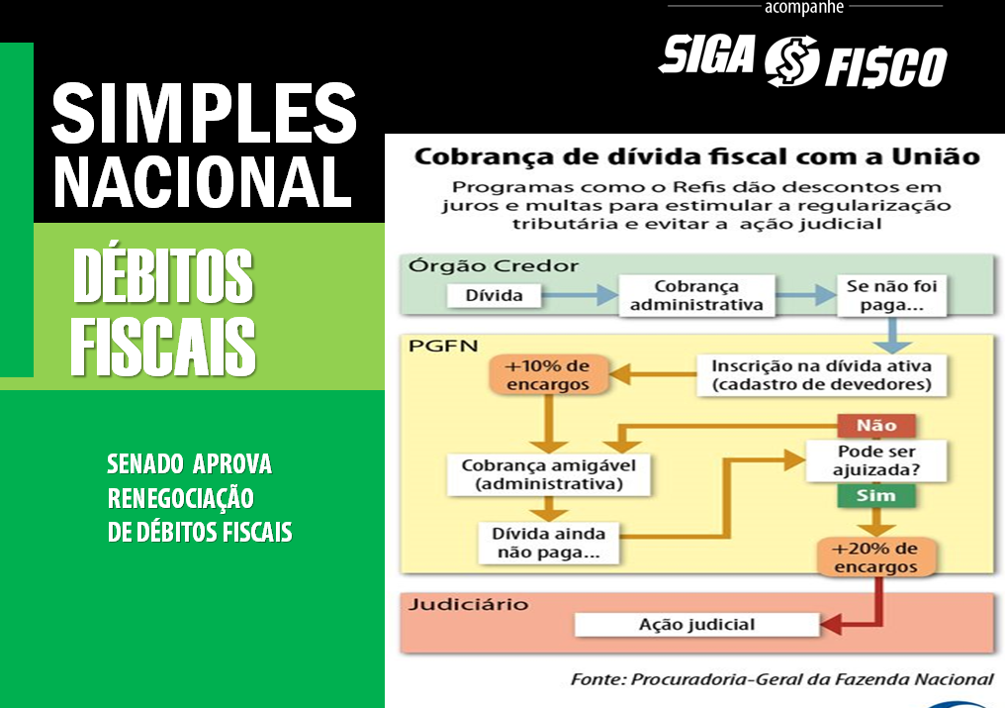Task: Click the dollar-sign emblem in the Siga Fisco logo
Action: pos(791,61)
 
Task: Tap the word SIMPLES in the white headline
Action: pos(204,114)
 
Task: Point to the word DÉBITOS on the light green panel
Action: pos(163,276)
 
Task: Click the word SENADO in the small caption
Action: pos(144,464)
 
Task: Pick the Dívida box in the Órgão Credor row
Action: pos(494,295)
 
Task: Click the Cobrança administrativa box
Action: pos(696,295)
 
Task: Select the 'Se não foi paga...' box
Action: pos(891,295)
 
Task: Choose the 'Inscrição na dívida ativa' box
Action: pos(821,375)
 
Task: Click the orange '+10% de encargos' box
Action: pos(547,375)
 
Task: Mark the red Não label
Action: pos(876,426)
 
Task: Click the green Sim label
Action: pos(876,495)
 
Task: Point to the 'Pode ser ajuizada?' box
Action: pos(876,460)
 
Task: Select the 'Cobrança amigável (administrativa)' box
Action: pos(549,474)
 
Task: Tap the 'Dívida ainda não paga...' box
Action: pos(549,543)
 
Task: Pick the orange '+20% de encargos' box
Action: pos(875,557)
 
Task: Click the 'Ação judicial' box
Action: pos(696,625)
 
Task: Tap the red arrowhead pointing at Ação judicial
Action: pos(831,625)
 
